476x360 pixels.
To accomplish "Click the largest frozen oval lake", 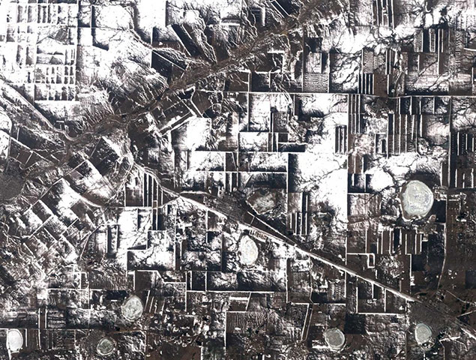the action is pos(417,199).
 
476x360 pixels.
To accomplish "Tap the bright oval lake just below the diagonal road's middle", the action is pos(248,250).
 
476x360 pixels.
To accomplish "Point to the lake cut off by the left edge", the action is pos(13,340).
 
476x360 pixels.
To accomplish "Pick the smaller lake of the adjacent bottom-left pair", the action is pos(106,346).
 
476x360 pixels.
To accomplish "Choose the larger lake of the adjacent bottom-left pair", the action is pos(133,307).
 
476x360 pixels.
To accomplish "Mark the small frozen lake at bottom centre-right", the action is pos(334,339).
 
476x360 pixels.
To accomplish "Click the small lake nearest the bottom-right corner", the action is pos(424,333).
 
